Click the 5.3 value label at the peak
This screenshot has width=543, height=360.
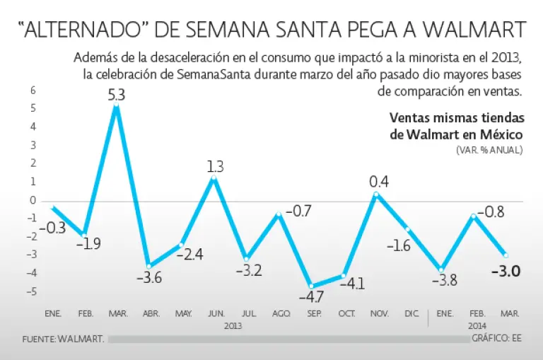[x=117, y=95]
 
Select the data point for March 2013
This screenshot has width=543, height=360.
[x=117, y=105]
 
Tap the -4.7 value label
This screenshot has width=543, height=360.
[x=311, y=297]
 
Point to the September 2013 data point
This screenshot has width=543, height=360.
[x=311, y=286]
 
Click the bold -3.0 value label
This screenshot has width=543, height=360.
[x=506, y=271]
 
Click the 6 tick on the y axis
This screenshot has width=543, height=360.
[x=33, y=90]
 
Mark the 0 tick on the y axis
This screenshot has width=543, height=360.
[x=33, y=200]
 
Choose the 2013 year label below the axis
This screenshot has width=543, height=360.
[x=233, y=326]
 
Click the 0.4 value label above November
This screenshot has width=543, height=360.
[x=378, y=182]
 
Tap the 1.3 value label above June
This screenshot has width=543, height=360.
[x=215, y=167]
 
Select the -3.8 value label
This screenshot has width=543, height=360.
[x=444, y=281]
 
